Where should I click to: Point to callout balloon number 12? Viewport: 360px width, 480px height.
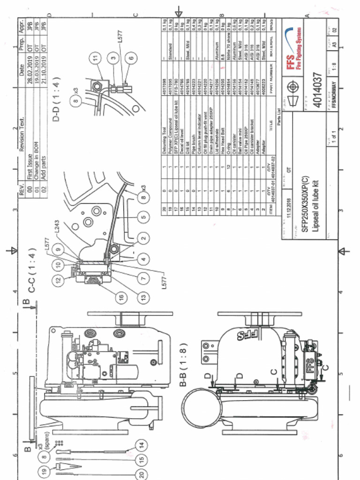[x=58, y=281]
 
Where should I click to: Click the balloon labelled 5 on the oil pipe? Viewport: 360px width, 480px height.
[x=143, y=216]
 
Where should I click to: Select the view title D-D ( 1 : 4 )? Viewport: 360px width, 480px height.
[x=56, y=106]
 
